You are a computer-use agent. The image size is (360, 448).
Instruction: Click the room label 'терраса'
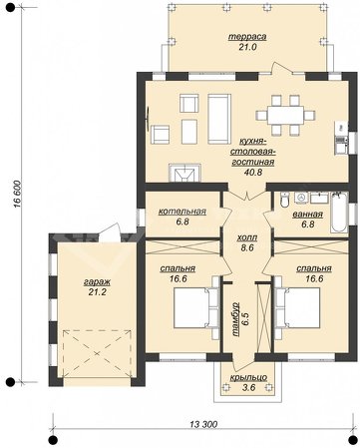(x=247, y=37)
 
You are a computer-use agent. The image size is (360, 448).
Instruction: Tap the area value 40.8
(x=253, y=172)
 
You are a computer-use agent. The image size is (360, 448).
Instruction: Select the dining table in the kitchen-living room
(x=286, y=115)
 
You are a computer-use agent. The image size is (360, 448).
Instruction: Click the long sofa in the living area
(x=219, y=119)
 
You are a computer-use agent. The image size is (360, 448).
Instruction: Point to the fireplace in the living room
(x=184, y=173)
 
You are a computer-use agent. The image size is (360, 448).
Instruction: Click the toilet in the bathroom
(x=285, y=199)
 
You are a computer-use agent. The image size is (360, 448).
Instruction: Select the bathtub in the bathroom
(x=339, y=212)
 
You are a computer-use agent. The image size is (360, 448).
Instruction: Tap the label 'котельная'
(x=182, y=212)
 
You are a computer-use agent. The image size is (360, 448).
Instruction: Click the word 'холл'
(x=247, y=237)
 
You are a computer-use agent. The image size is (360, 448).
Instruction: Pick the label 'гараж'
(x=97, y=282)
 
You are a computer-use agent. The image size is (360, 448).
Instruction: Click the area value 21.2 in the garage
(x=98, y=292)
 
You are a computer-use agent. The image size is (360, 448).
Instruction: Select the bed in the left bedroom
(x=196, y=308)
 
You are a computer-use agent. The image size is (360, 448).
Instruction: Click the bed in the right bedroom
(x=298, y=308)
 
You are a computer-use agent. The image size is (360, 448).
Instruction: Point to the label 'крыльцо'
(x=248, y=377)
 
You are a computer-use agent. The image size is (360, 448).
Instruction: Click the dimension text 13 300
(x=203, y=424)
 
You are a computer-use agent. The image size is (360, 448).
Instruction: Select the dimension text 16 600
(x=17, y=195)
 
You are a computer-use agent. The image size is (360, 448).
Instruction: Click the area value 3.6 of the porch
(x=248, y=387)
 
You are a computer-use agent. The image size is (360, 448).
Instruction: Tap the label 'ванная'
(x=308, y=215)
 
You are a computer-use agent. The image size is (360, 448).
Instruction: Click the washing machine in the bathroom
(x=301, y=198)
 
